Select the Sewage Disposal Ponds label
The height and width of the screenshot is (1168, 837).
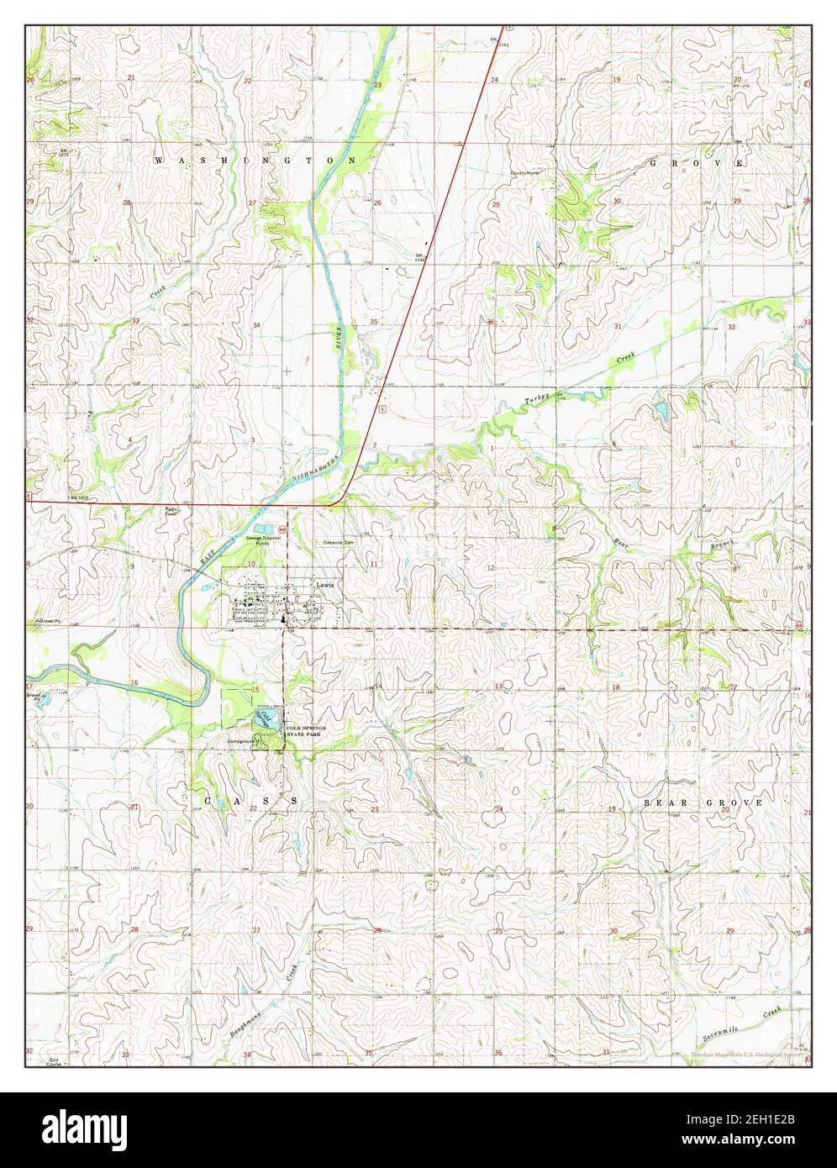point(260,539)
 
